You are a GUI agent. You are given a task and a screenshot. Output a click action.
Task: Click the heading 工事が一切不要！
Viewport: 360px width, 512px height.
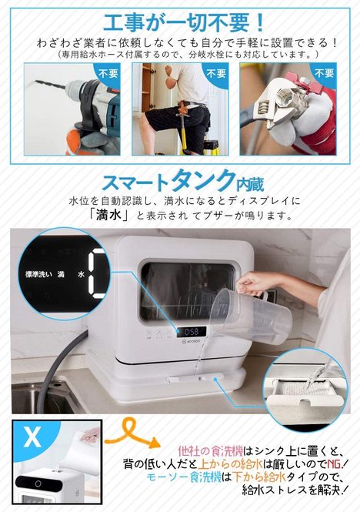coord(183,22)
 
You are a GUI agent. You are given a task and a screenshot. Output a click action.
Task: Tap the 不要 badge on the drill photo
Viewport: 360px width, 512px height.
coord(108,73)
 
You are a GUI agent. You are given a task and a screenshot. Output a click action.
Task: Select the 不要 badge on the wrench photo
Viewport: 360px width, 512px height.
coord(324,73)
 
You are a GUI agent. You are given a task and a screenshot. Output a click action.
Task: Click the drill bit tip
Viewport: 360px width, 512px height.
coord(37,82)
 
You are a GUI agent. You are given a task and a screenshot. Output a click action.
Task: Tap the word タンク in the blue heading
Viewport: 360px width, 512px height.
coord(203,180)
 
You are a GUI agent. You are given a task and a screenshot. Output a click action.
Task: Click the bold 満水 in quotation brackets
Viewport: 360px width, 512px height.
coord(108,215)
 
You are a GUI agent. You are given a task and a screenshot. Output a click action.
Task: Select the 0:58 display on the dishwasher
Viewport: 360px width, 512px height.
coord(192,332)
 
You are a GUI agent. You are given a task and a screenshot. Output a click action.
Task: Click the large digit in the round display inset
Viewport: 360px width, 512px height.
coord(97,273)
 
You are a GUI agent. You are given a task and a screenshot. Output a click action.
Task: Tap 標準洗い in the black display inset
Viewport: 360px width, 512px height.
coord(38,274)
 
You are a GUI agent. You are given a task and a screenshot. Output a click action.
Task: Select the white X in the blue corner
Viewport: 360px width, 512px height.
coord(32,437)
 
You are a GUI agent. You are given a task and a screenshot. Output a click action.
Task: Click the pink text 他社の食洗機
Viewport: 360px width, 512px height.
coord(211,452)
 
